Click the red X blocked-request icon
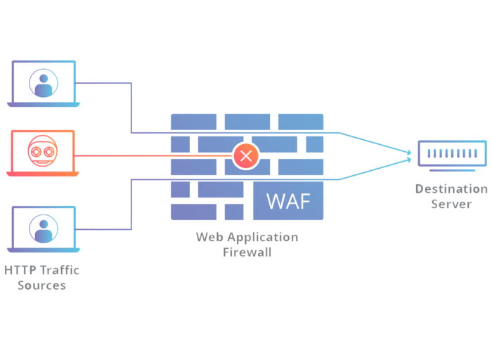[x=246, y=155]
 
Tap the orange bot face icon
[x=43, y=150]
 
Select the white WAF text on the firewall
[x=288, y=201]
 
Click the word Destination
[x=451, y=189]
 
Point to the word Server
[x=451, y=204]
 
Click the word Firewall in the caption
[x=247, y=252]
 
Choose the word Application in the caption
[x=263, y=238]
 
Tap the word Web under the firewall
[x=209, y=237]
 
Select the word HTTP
[x=20, y=270]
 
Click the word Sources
[x=41, y=285]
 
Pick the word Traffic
[x=60, y=270]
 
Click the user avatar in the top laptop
[x=44, y=83]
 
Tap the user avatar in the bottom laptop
[x=44, y=229]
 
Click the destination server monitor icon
[x=452, y=155]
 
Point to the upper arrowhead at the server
[x=409, y=153]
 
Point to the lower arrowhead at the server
[x=409, y=160]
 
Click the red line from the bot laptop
[x=153, y=155]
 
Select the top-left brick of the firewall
[x=193, y=122]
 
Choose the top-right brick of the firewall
[x=301, y=122]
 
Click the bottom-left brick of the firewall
[x=193, y=212]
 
